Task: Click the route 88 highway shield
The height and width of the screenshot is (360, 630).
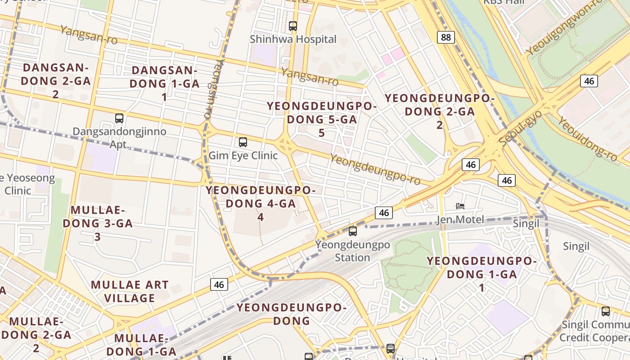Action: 445,37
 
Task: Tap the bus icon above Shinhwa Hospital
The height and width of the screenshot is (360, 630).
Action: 293,26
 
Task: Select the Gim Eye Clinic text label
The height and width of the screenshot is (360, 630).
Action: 243,156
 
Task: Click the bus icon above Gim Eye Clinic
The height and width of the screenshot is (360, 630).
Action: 243,142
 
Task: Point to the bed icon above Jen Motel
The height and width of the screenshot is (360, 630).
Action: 460,206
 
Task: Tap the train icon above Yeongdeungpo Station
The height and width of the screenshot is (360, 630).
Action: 353,231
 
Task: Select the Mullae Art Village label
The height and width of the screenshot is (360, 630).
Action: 130,291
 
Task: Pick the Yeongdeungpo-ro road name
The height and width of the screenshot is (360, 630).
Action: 375,170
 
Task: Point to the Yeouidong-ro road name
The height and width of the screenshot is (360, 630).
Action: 587,139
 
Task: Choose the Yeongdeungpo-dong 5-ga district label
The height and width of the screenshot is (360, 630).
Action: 322,119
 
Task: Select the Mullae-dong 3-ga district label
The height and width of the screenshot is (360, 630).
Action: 98,223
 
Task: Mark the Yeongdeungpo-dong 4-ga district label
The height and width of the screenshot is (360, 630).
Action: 261,203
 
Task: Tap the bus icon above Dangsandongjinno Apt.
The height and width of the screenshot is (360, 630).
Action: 119,118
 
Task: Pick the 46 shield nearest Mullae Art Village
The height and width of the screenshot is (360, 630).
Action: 219,284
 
